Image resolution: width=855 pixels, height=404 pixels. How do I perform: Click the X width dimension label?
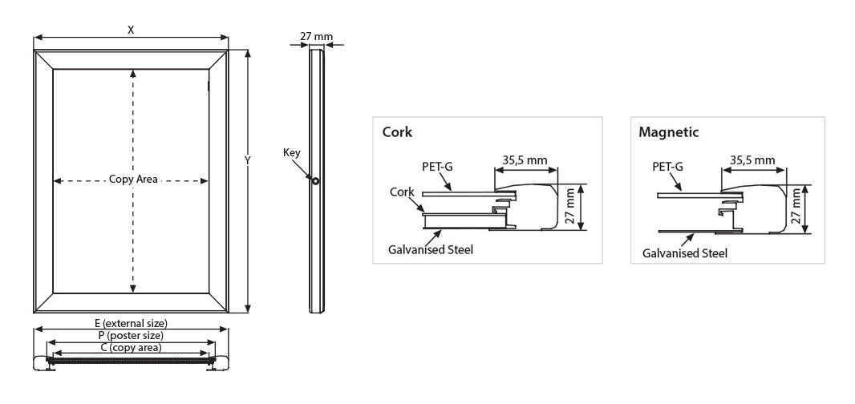click(x=131, y=29)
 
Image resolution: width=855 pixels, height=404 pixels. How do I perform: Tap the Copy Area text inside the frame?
click(x=133, y=180)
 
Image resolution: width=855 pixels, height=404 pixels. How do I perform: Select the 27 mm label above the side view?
click(x=316, y=36)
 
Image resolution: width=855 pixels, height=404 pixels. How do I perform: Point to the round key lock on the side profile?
click(x=316, y=181)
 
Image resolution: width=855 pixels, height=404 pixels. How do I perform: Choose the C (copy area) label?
click(x=131, y=348)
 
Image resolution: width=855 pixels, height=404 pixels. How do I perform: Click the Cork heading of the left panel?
click(x=399, y=132)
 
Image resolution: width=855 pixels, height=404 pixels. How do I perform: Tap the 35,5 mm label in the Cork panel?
click(x=525, y=160)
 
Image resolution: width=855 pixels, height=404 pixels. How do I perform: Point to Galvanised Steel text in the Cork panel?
click(x=431, y=250)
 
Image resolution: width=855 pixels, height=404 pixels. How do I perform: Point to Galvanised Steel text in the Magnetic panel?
click(x=685, y=253)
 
